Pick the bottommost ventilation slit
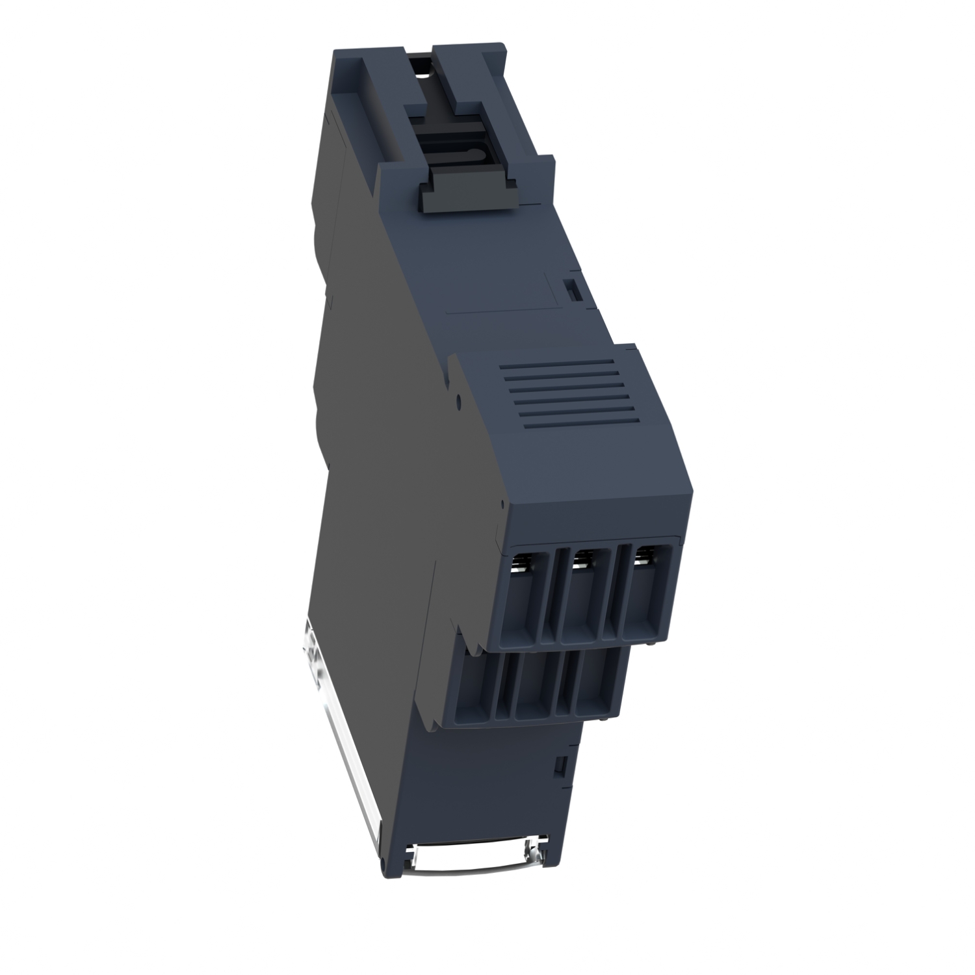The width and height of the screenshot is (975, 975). [578, 426]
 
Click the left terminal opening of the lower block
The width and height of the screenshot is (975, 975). [475, 689]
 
